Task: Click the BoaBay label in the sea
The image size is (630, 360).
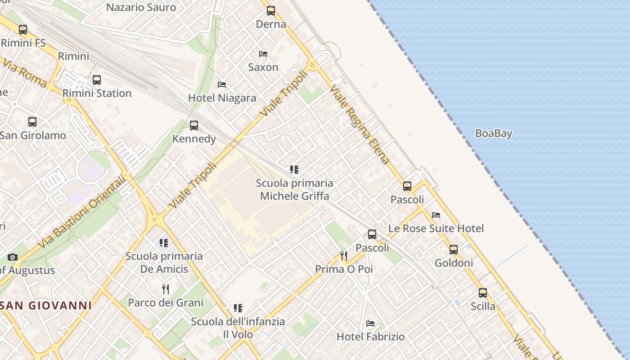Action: point(494,134)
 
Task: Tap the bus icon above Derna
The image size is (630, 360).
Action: point(270,11)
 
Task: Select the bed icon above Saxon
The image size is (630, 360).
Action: point(263,54)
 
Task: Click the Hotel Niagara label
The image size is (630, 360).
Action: point(222,98)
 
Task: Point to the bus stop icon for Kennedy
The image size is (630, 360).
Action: point(194,125)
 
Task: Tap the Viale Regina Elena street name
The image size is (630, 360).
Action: point(359,125)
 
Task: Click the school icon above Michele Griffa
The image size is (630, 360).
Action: point(294,170)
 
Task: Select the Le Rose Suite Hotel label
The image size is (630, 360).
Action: point(436,229)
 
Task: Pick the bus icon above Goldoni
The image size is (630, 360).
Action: point(454,249)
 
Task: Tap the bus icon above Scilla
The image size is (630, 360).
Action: point(483,293)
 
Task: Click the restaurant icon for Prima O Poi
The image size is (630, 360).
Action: point(344,256)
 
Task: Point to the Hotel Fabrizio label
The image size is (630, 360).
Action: point(370,337)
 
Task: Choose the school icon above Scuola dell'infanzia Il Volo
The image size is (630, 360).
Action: point(238,308)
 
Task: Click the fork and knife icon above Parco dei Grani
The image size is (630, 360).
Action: point(166,289)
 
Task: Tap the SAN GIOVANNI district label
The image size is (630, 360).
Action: point(46,306)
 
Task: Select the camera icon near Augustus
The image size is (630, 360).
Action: point(13,257)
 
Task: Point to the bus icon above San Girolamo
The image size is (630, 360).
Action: point(32,121)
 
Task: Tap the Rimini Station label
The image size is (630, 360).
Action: point(97,94)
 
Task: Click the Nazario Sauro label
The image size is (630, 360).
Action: point(141,8)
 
